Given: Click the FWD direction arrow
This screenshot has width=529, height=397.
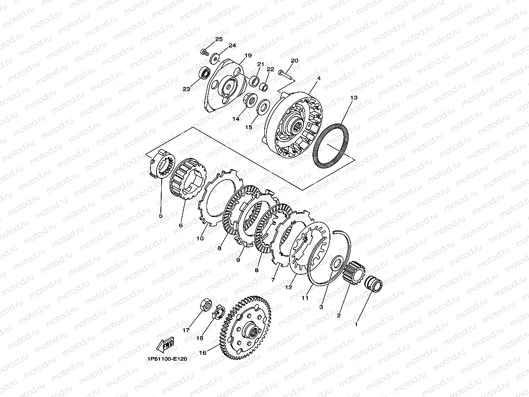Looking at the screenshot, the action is [165, 344].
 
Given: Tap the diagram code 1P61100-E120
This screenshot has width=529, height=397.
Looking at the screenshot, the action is [167, 359].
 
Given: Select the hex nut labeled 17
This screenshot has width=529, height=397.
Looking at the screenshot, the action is [206, 304].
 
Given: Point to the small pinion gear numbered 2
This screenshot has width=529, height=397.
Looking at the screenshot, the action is [354, 273].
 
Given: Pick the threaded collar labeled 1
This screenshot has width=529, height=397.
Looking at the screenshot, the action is [373, 284].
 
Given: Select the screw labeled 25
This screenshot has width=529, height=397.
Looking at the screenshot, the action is [205, 52].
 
